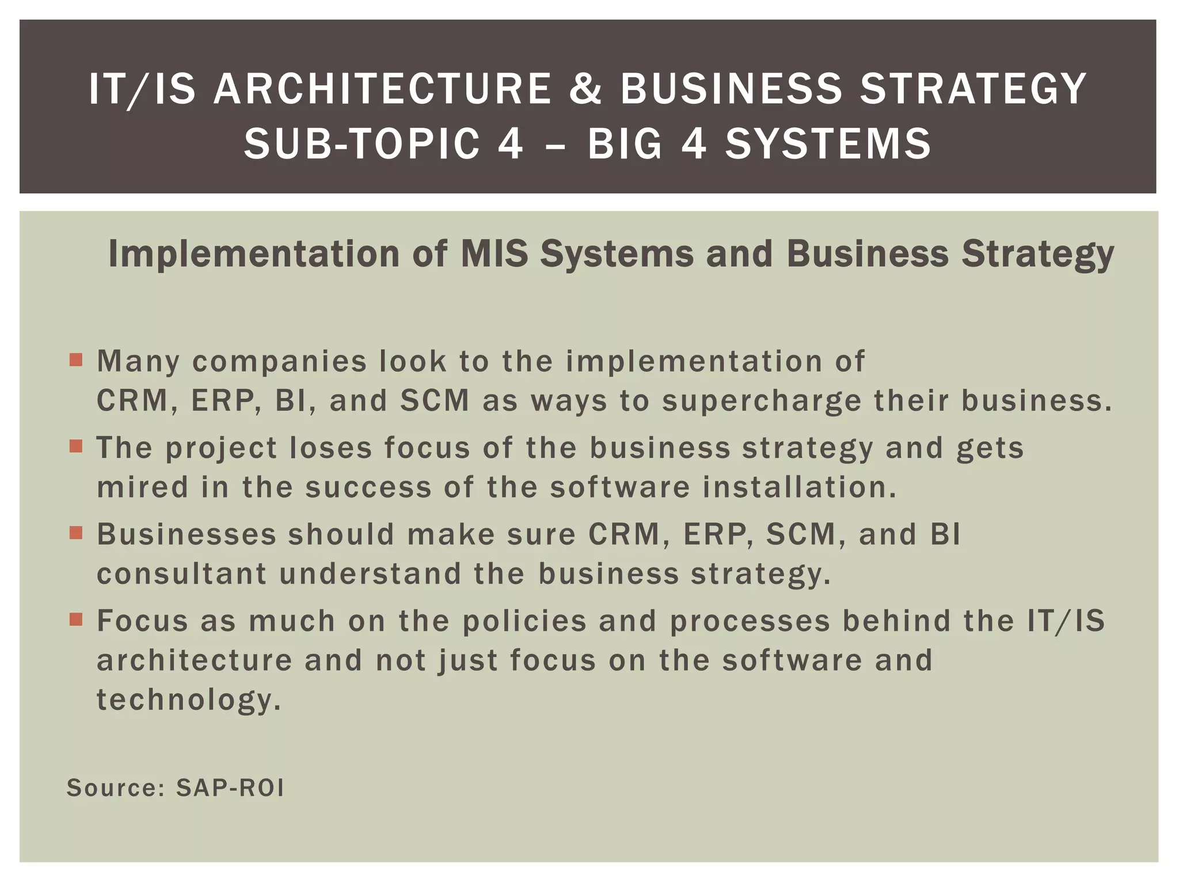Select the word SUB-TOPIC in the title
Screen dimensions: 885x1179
click(x=362, y=143)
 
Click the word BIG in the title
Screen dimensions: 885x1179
click(x=625, y=143)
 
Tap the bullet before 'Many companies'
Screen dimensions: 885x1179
click(x=76, y=361)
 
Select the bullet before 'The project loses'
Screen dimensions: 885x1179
click(x=76, y=447)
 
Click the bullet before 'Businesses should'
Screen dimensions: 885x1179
click(x=76, y=533)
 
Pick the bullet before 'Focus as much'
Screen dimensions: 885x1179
click(x=76, y=619)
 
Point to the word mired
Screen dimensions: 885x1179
click(x=143, y=487)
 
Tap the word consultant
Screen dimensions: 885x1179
click(x=182, y=574)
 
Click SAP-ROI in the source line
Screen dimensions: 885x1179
click(x=230, y=788)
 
